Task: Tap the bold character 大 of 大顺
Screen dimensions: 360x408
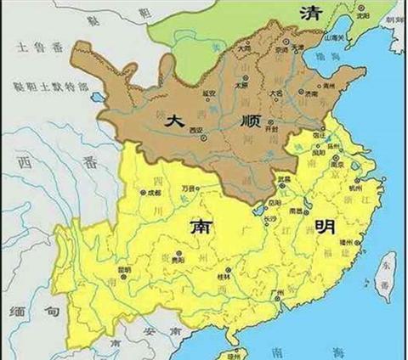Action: tap(174, 121)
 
